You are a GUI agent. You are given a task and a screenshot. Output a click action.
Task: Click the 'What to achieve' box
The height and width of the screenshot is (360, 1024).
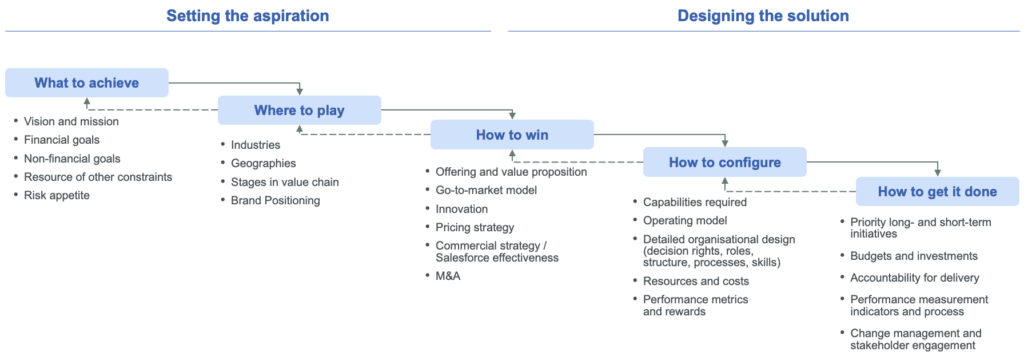point(87,83)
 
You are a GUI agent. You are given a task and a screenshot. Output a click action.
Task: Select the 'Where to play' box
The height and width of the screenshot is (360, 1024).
point(299,110)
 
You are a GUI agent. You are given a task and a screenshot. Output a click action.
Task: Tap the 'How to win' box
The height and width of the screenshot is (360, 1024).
point(512,135)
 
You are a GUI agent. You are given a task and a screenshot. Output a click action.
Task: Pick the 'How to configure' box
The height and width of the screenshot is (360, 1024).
point(725,162)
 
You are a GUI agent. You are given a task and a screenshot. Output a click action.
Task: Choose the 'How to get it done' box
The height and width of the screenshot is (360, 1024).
point(937,191)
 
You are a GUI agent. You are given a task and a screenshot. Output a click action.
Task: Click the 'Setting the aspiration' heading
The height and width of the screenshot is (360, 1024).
point(247,16)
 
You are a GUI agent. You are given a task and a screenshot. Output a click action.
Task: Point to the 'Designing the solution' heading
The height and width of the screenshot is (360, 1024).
point(763,16)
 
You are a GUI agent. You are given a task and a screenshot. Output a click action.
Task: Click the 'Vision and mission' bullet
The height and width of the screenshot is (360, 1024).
point(72,121)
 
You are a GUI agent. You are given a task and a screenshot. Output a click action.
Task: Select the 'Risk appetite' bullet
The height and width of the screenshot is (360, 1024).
point(57,196)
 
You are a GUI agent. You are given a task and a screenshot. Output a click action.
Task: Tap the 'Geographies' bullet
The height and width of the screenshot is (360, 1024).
point(264,163)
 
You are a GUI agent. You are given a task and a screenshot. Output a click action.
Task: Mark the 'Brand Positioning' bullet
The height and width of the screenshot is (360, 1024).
point(276,200)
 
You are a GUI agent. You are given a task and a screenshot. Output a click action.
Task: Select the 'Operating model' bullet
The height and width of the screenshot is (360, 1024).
point(685,220)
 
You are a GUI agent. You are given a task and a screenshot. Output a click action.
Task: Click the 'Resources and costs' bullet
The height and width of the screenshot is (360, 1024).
point(697,280)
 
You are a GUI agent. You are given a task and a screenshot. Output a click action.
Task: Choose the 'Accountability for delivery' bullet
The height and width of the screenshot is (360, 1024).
point(914,277)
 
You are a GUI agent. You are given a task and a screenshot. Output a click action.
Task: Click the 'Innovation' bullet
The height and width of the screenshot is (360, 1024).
point(462,209)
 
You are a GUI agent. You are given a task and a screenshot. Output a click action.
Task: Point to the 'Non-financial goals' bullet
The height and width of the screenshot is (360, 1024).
point(72,158)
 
